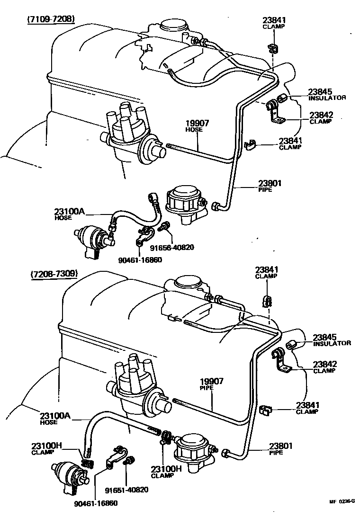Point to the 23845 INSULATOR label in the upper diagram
pyautogui.click(x=327, y=94)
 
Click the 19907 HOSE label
pyautogui.click(x=194, y=125)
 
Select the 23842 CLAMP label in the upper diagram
pyautogui.click(x=322, y=117)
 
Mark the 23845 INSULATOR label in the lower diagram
pyautogui.click(x=331, y=339)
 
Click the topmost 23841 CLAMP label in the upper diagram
pyautogui.click(x=274, y=23)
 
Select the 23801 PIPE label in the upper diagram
pyautogui.click(x=270, y=186)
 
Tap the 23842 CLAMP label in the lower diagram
pyautogui.click(x=324, y=367)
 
